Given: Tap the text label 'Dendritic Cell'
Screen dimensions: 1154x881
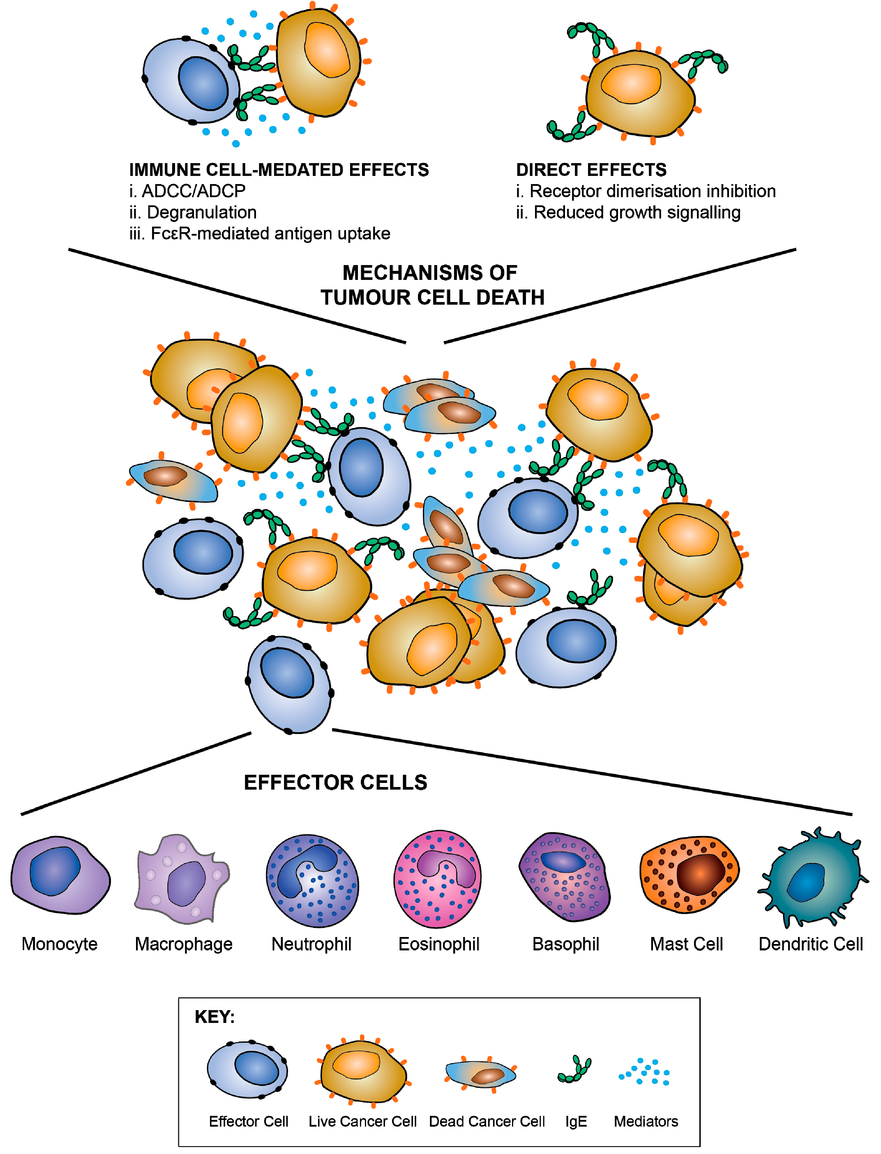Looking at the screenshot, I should coord(810,944).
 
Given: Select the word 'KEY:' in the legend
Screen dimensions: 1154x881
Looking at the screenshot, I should coord(214,1017).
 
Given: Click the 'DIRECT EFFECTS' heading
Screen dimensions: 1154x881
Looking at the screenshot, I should coord(591,170).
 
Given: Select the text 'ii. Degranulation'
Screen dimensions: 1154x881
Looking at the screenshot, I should coord(193,212).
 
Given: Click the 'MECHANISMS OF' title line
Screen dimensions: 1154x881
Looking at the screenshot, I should coord(430,273).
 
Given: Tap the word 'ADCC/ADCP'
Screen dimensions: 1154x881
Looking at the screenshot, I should coord(193,191).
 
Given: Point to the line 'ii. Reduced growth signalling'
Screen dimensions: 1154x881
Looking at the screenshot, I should coord(628,212).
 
